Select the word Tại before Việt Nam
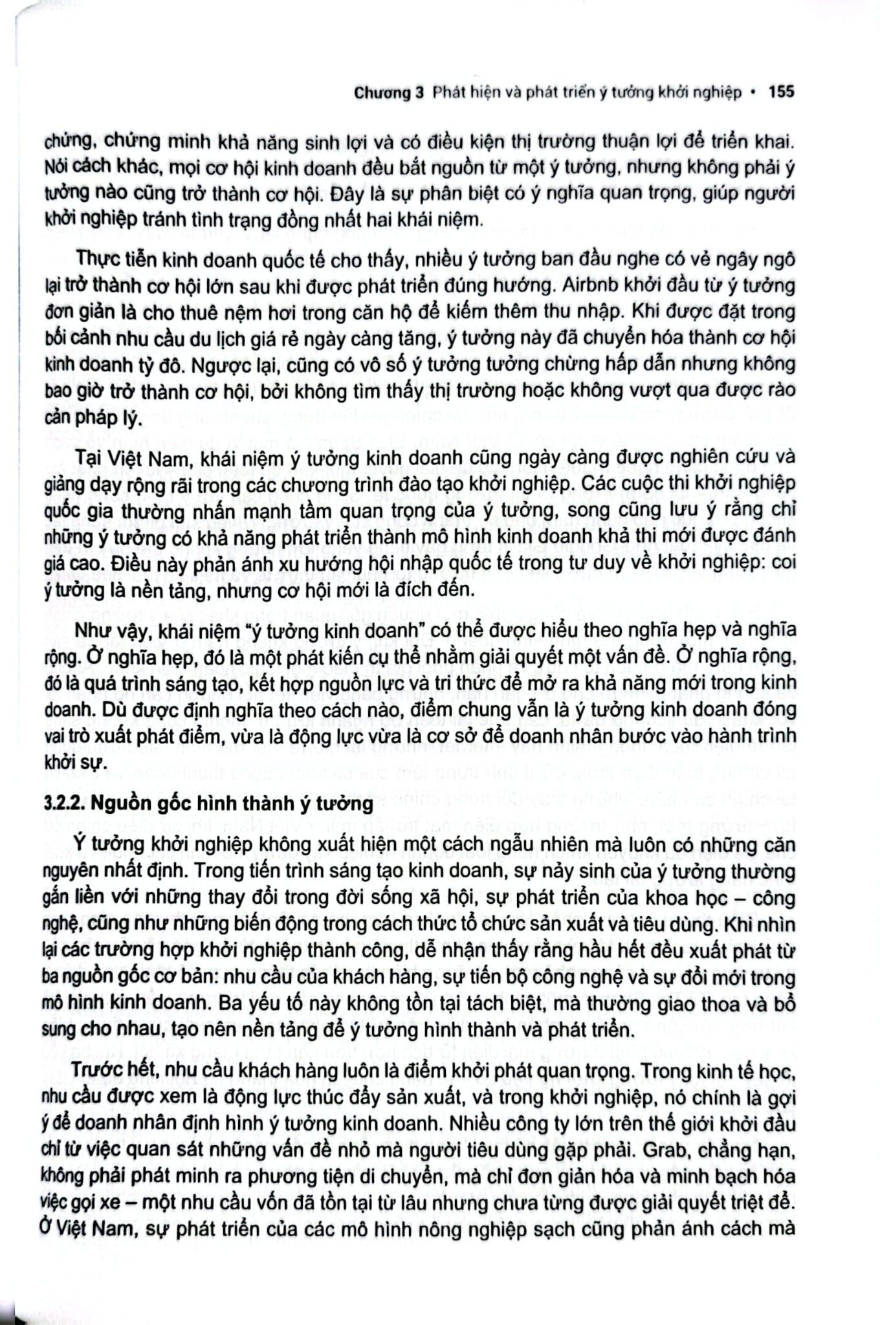[x=89, y=456]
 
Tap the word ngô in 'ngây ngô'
[x=779, y=258]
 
